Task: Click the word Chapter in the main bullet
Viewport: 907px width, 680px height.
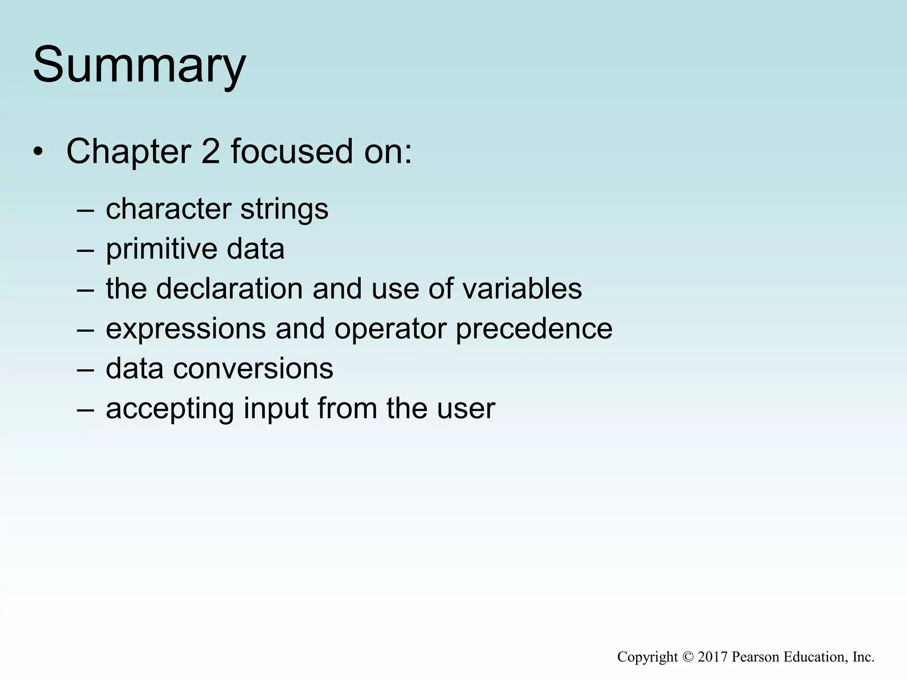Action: point(128,152)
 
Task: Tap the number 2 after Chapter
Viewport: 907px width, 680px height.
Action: point(210,152)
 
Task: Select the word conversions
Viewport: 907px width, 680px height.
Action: point(253,369)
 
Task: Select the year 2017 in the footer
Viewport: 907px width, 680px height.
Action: point(713,657)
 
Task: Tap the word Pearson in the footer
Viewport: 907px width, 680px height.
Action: point(756,657)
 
